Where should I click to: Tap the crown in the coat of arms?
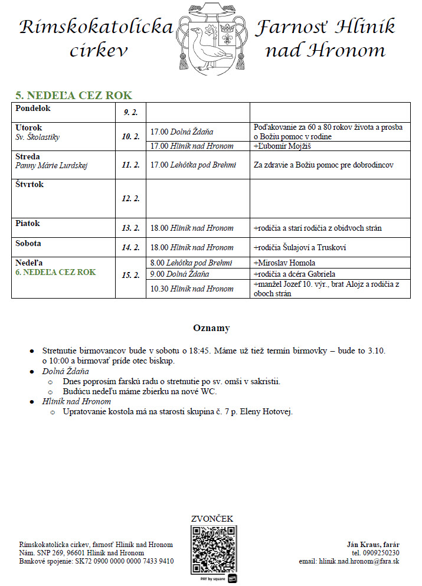tap(227, 28)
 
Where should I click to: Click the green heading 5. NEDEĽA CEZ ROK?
tap(74, 96)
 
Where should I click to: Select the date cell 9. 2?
tap(130, 112)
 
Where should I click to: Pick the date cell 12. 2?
tap(130, 199)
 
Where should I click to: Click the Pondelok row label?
tap(33, 109)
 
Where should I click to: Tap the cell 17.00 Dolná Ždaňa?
tap(182, 132)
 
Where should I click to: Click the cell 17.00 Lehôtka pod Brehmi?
tap(193, 165)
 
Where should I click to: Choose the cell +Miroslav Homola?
tap(284, 263)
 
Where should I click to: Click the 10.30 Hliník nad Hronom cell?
tap(192, 289)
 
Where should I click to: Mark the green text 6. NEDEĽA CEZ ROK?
tap(55, 273)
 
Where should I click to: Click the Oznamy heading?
tap(211, 328)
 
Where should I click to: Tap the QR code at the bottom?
tap(213, 548)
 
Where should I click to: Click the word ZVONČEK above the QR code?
tap(212, 519)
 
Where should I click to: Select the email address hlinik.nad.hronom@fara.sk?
tap(349, 561)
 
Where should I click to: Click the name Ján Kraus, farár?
tap(372, 544)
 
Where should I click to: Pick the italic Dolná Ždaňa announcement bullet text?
tap(65, 371)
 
